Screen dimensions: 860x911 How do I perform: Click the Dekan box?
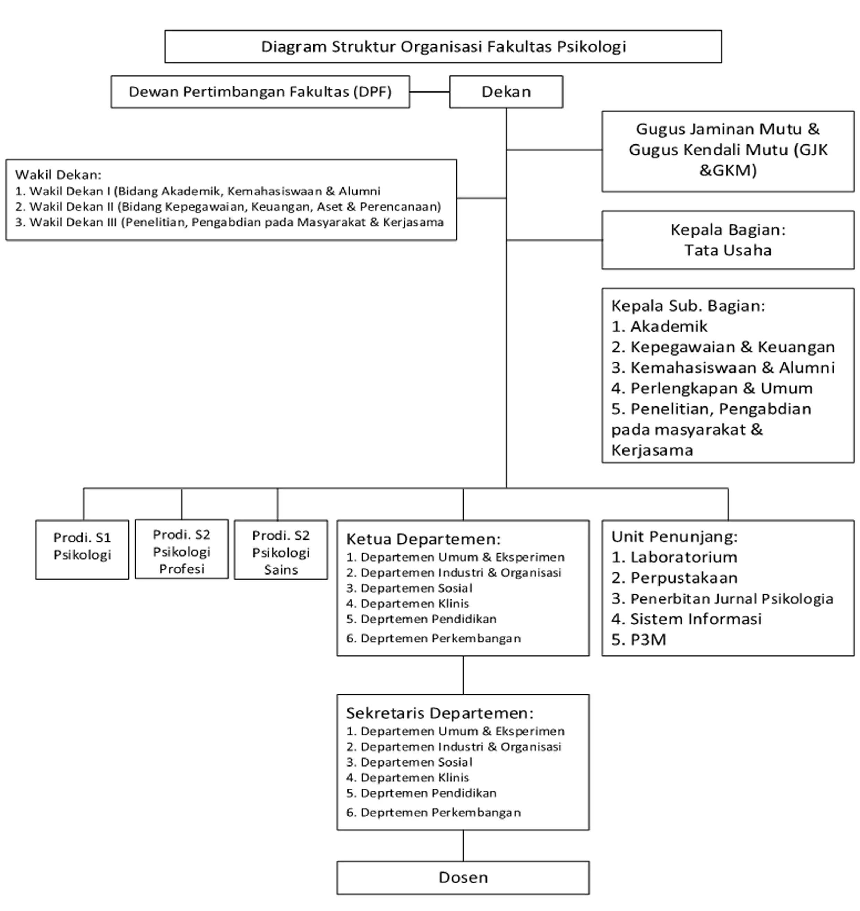[506, 91]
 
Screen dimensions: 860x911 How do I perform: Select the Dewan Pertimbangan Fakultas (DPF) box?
[260, 91]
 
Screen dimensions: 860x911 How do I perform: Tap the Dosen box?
[463, 877]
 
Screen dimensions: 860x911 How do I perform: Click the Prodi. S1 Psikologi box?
[82, 550]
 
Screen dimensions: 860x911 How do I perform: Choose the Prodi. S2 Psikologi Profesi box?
[182, 549]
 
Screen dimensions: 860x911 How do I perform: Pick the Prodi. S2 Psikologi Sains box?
[281, 550]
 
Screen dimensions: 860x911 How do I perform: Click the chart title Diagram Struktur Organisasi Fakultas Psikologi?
[443, 47]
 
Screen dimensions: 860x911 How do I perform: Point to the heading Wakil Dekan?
[58, 175]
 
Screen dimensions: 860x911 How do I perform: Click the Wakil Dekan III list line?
[229, 222]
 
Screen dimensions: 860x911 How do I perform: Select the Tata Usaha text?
[728, 250]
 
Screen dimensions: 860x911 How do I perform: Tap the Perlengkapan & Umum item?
[712, 388]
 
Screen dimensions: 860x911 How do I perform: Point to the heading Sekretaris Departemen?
[440, 713]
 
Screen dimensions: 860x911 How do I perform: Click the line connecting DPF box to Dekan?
[429, 91]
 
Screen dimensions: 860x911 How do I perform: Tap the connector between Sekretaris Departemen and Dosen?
[463, 846]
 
